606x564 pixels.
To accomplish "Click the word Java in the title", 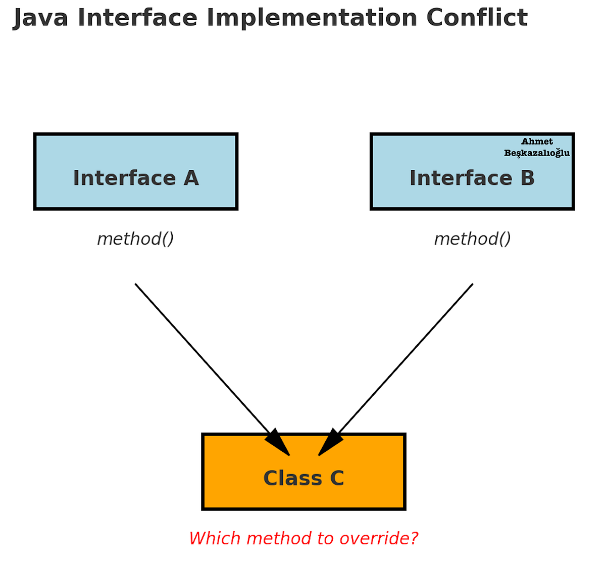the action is pyautogui.click(x=40, y=18).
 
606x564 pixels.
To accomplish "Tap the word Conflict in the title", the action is pyautogui.click(x=477, y=18).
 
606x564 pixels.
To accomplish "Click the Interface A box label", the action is pyautogui.click(x=136, y=178).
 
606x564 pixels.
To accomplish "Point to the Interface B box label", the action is pyautogui.click(x=472, y=178).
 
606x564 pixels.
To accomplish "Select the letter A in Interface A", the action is pyautogui.click(x=191, y=178).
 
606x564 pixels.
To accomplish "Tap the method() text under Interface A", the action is pyautogui.click(x=135, y=239).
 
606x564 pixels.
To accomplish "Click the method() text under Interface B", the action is pyautogui.click(x=472, y=239).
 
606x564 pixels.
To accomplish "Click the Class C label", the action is pyautogui.click(x=304, y=478).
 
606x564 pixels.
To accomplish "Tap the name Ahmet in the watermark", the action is pyautogui.click(x=537, y=142).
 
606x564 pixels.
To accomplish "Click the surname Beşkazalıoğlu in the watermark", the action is pyautogui.click(x=537, y=153).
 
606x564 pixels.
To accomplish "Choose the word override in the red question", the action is pyautogui.click(x=379, y=538).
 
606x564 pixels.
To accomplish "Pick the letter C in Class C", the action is pyautogui.click(x=337, y=478).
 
